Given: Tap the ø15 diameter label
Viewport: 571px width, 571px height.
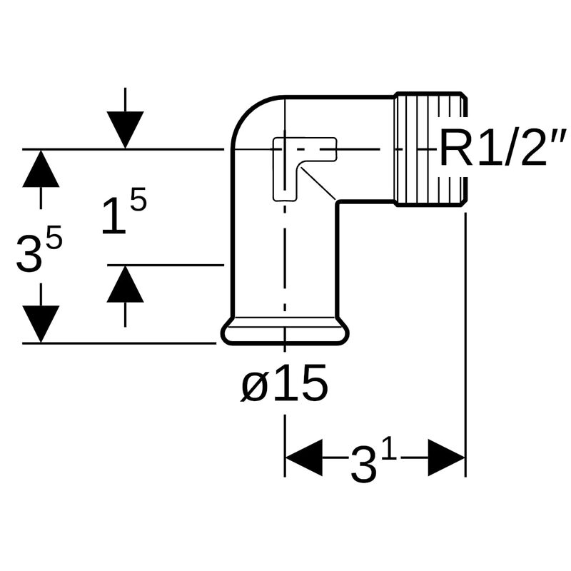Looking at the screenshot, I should [284, 386].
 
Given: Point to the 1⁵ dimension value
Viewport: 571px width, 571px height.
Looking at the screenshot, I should [123, 214].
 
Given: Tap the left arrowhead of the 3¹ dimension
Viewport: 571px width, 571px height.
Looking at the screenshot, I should [303, 458].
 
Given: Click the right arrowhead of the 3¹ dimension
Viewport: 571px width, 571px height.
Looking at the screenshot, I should [446, 458].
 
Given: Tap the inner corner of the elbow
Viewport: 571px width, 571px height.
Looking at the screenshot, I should [337, 202].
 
